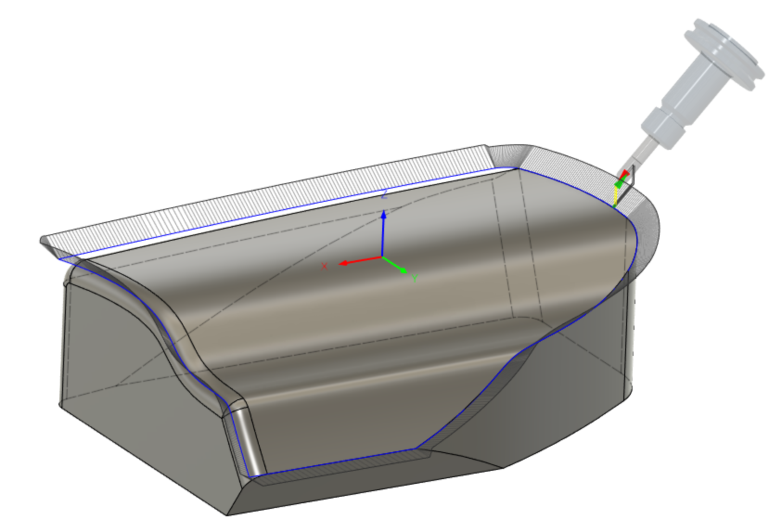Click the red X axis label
(324, 266)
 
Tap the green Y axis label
(414, 278)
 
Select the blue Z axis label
(384, 195)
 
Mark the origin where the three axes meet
(382, 256)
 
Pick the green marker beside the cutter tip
(619, 183)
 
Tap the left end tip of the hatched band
(42, 240)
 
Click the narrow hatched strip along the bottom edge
(343, 468)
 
